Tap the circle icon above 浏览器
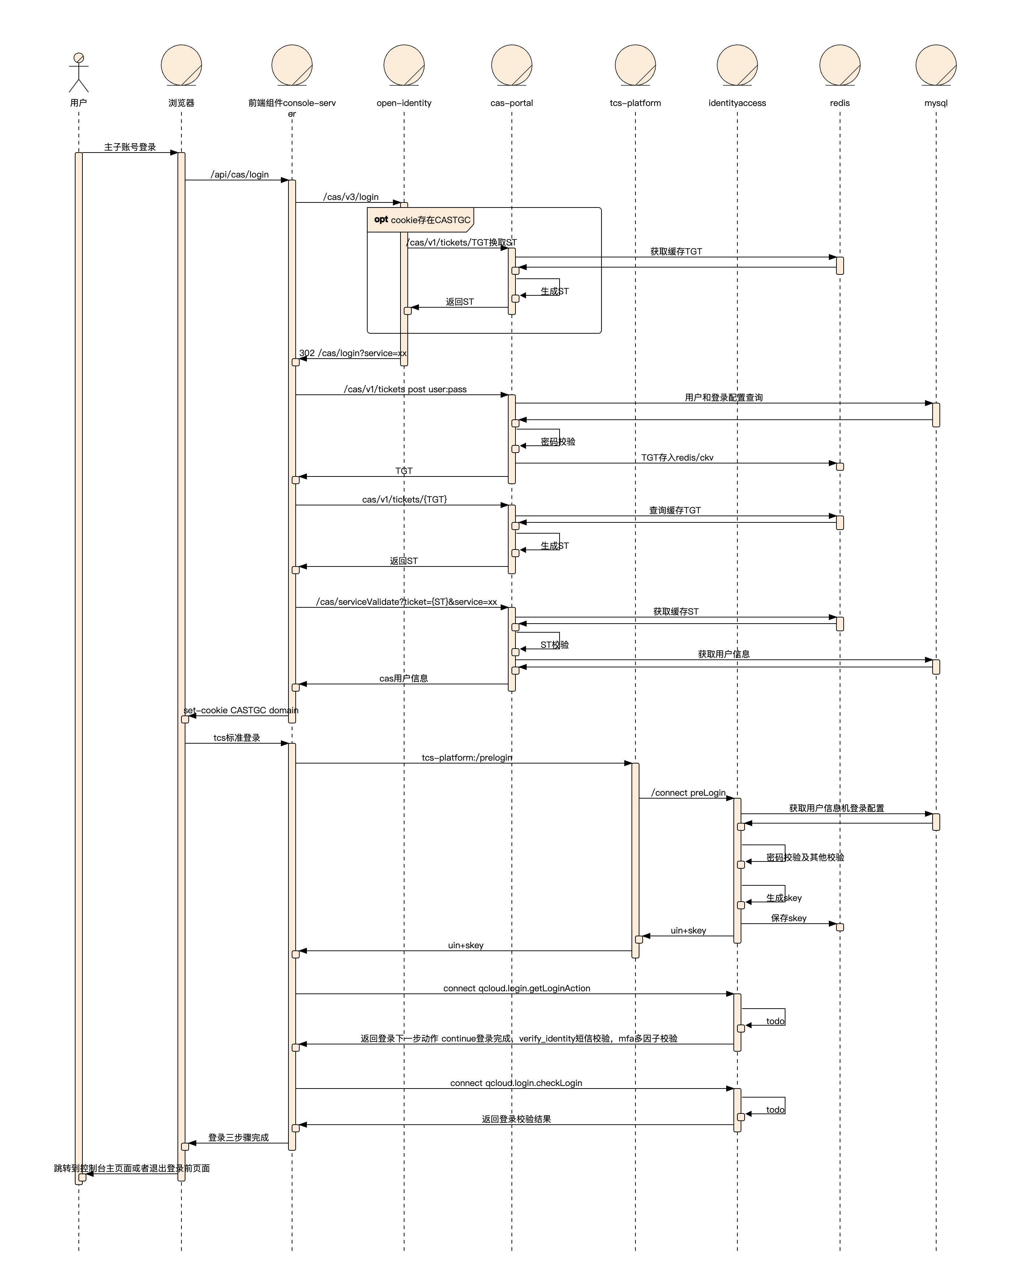pos(181,65)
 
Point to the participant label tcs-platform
pos(635,103)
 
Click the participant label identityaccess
pos(737,103)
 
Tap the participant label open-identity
pos(404,103)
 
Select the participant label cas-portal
pos(511,103)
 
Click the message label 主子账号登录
pos(130,147)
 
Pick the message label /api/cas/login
pos(240,174)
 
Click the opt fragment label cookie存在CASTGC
pos(431,220)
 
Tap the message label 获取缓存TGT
pos(676,252)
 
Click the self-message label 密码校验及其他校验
pos(805,857)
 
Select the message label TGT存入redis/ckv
pos(677,458)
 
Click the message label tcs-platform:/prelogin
pos(467,757)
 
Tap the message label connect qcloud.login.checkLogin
pos(516,1083)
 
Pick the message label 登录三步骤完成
pos(239,1137)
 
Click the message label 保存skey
pos(789,918)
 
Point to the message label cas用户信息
pos(403,679)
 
